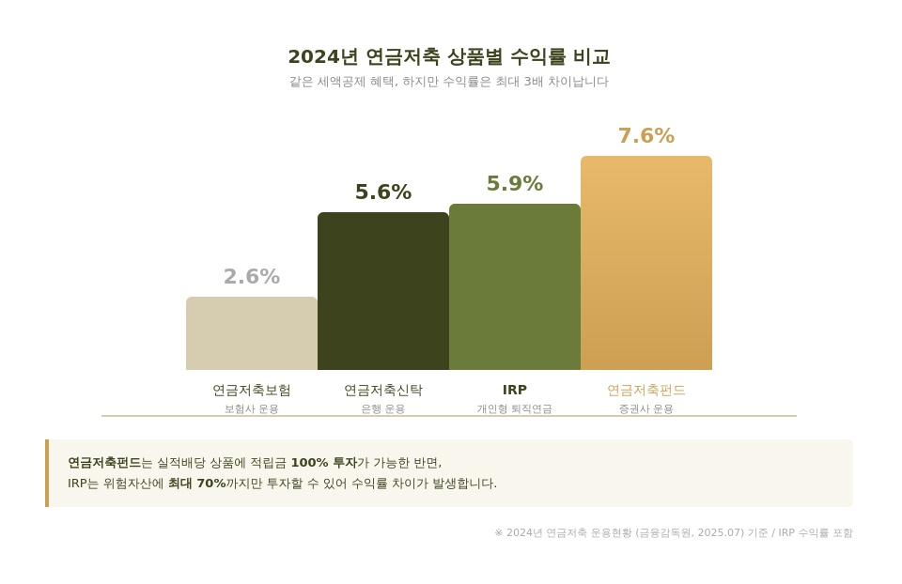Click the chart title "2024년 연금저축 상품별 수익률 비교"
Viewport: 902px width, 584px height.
pyautogui.click(x=449, y=56)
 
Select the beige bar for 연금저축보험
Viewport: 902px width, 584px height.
pyautogui.click(x=252, y=333)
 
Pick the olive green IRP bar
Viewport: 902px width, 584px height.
pyautogui.click(x=515, y=286)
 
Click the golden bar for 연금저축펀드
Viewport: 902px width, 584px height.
pyautogui.click(x=646, y=263)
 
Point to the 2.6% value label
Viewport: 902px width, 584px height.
pyautogui.click(x=252, y=277)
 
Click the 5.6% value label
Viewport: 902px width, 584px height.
pyautogui.click(x=383, y=192)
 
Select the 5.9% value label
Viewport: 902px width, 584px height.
pyautogui.click(x=515, y=184)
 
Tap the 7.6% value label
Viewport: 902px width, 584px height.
pyautogui.click(x=646, y=136)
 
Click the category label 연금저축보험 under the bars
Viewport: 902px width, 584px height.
pyautogui.click(x=252, y=390)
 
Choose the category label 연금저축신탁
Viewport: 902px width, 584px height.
pyautogui.click(x=383, y=390)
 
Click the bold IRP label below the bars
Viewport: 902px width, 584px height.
pyautogui.click(x=515, y=390)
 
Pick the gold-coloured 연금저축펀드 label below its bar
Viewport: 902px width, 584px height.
pyautogui.click(x=646, y=390)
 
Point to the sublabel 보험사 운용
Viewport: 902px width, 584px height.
pyautogui.click(x=252, y=409)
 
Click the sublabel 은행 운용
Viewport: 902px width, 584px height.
pyautogui.click(x=383, y=409)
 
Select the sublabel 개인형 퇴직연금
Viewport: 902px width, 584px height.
pyautogui.click(x=515, y=409)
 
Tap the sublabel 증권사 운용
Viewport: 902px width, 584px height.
pyautogui.click(x=646, y=409)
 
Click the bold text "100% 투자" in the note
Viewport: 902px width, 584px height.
pyautogui.click(x=323, y=463)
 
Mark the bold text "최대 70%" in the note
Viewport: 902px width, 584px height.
pyautogui.click(x=196, y=484)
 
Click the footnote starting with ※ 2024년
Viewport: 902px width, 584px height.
pyautogui.click(x=674, y=533)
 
